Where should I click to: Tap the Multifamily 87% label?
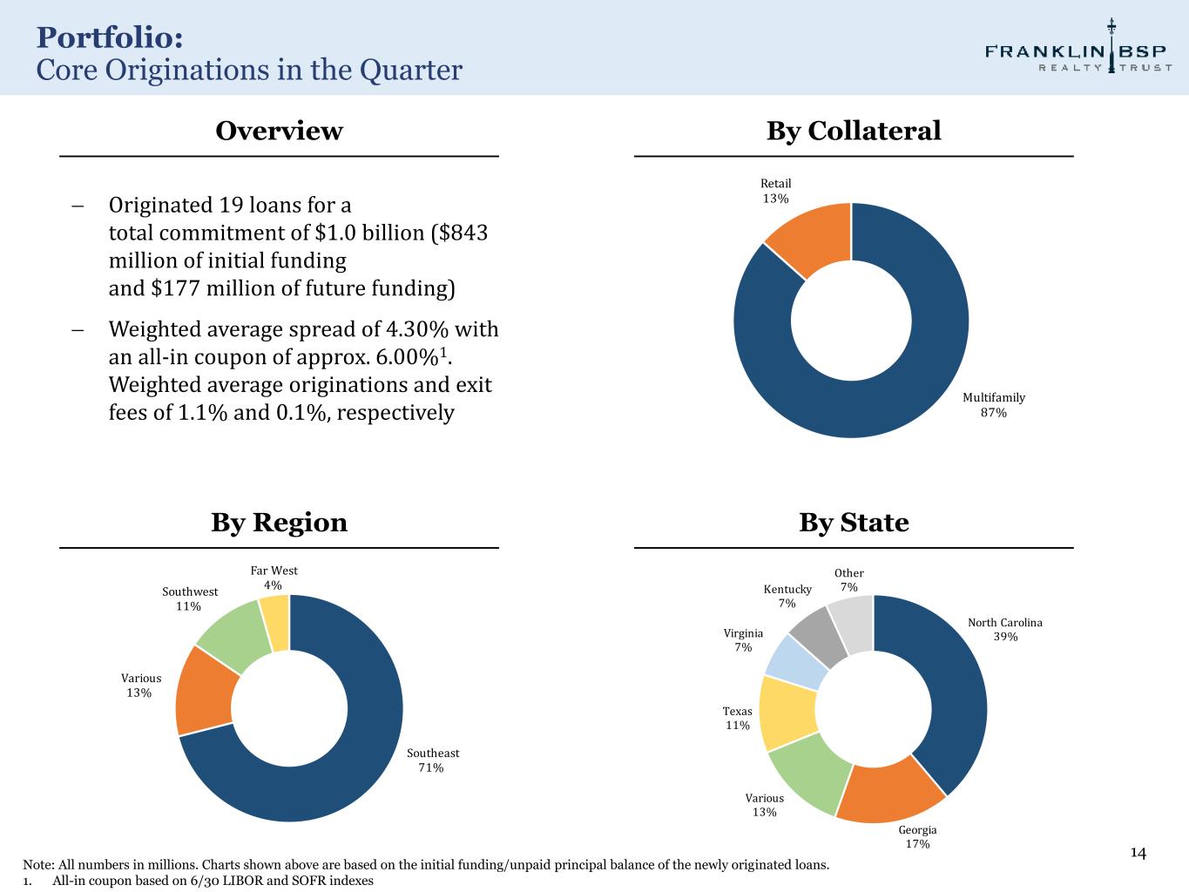993,405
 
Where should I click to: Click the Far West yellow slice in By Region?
275,623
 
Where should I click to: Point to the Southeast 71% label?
433,760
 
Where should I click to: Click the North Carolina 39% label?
1004,630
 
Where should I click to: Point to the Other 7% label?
848,580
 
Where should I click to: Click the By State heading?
854,523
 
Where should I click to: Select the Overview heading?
279,131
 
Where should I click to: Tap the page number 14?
1138,853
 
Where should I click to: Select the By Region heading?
279,523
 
